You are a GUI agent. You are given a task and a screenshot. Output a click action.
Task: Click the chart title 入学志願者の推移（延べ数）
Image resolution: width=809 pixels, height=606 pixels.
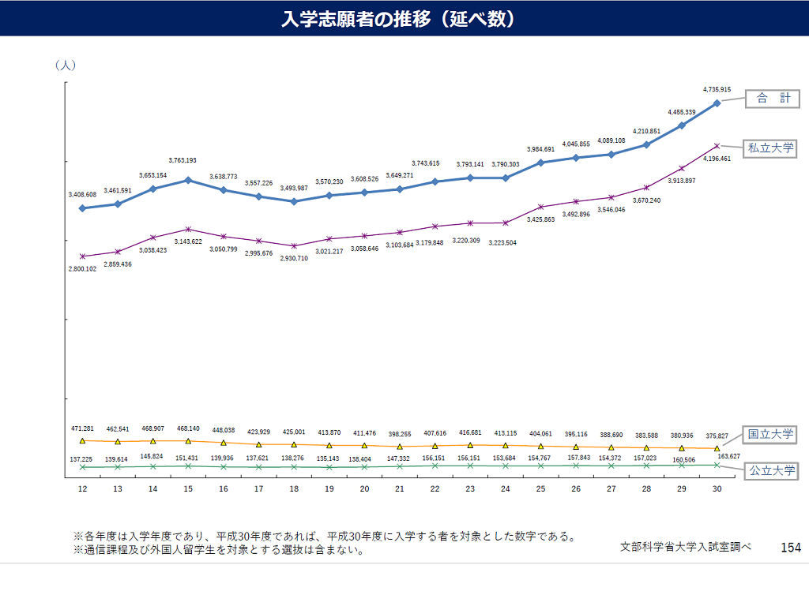399,19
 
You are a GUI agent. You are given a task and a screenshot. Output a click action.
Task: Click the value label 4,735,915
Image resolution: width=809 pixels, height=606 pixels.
717,90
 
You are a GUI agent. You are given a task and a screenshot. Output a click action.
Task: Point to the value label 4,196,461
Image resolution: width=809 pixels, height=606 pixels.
717,159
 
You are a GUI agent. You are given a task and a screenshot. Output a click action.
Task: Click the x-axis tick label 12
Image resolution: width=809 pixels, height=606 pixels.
82,489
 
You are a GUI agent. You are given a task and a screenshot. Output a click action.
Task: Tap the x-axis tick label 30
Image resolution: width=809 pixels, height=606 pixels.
717,489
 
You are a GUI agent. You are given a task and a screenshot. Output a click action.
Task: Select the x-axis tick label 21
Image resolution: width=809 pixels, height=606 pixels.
400,489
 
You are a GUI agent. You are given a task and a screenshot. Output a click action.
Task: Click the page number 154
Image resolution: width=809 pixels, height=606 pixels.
790,547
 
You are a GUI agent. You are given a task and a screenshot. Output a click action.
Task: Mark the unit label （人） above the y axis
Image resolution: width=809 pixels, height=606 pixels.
65,65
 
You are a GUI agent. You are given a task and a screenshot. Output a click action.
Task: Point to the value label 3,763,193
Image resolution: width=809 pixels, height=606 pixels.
182,160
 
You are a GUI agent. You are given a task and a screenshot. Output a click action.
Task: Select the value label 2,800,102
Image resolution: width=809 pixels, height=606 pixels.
82,269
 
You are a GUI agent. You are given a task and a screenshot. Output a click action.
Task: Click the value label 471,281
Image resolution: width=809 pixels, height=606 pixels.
82,428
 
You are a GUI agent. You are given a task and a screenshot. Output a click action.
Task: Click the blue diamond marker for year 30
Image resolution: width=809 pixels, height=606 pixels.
717,103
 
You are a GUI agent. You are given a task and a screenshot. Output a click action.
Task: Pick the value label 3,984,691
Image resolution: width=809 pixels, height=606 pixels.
541,149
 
